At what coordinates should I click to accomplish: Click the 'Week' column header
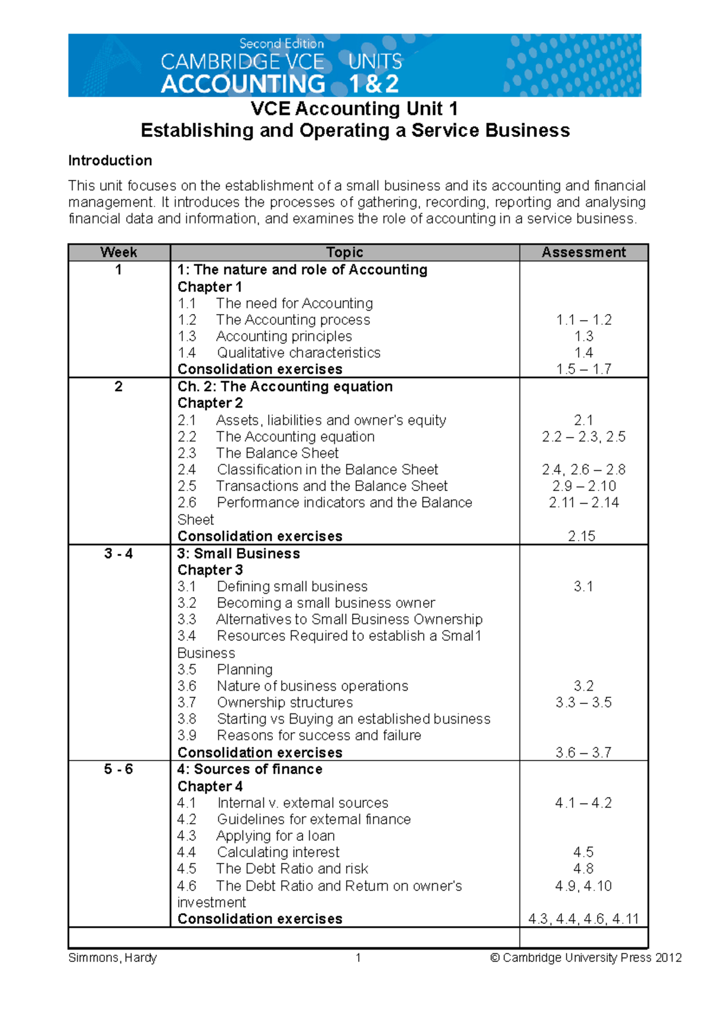(119, 253)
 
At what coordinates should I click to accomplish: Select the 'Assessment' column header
(583, 253)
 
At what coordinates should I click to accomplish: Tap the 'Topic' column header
(344, 253)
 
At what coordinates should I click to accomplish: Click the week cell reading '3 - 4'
(119, 554)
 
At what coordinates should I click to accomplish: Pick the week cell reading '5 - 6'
(119, 769)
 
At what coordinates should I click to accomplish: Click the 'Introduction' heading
(110, 161)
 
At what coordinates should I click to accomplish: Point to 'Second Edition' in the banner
(281, 44)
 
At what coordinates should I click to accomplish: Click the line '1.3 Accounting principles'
(265, 336)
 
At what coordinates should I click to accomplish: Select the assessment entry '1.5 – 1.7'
(583, 370)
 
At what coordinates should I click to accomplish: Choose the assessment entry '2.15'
(582, 536)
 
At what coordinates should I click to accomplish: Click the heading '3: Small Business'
(238, 554)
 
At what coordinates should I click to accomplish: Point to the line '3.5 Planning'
(225, 669)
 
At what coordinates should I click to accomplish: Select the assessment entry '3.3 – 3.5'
(583, 703)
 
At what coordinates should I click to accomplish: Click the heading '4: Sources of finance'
(250, 769)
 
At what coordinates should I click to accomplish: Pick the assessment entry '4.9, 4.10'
(583, 886)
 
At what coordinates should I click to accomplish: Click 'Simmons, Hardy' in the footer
(113, 958)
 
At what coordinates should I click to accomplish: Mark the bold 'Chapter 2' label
(210, 403)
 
